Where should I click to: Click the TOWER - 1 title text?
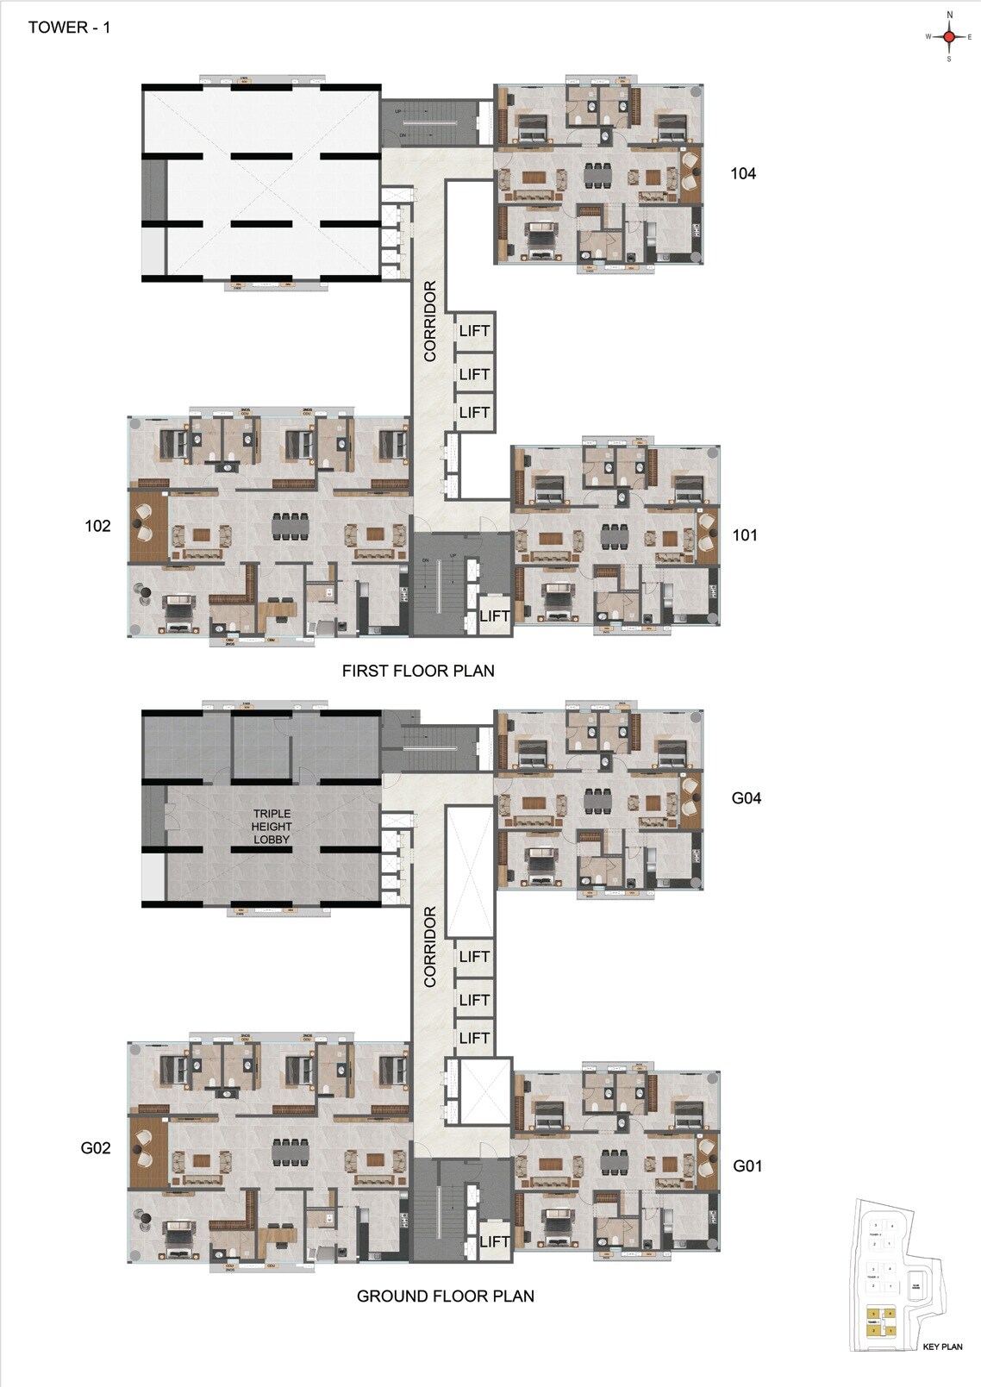pos(70,28)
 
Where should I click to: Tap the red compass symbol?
pos(949,37)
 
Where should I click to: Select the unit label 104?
pos(743,174)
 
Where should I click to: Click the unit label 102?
pos(97,526)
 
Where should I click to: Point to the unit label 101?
pos(745,535)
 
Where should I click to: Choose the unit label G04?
pos(747,798)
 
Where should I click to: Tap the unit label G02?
pos(96,1148)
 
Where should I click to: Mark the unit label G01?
pos(747,1166)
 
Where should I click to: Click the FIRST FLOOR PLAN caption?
pos(418,671)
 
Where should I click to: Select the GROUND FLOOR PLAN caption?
pos(445,1296)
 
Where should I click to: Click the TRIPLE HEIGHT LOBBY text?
pos(272,826)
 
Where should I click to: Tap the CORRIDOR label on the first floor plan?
pos(431,321)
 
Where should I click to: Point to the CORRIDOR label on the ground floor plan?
pos(431,947)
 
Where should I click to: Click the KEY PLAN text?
pos(942,1346)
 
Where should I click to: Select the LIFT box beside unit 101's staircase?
pos(494,615)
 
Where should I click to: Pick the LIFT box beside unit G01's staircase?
pos(494,1241)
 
